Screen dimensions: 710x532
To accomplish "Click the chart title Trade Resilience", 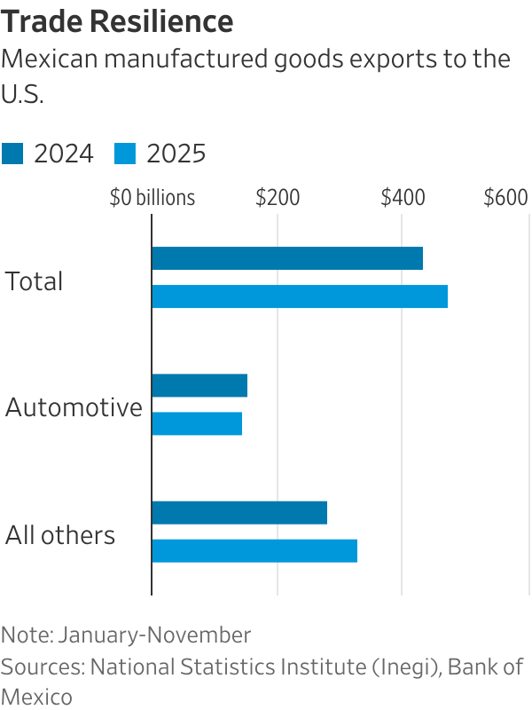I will pos(118,20).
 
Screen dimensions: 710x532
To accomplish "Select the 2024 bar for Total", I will pos(286,258).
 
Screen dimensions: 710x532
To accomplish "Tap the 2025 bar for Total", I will pos(299,296).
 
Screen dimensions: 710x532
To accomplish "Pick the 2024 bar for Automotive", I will pos(199,385).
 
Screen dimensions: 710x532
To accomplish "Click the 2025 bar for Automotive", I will pos(197,423).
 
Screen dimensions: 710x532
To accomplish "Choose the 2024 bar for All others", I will pos(239,512).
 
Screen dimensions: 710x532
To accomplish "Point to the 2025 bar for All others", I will pos(254,550).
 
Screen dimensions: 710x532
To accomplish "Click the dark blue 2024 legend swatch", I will pos(13,154).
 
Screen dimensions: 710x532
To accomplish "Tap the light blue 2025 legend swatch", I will pos(125,154).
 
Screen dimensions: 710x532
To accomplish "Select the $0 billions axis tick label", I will pos(152,198).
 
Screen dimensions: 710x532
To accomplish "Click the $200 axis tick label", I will pos(278,198).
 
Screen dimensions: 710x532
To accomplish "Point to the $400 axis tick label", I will pos(403,198).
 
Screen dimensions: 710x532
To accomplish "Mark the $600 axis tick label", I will pos(505,198).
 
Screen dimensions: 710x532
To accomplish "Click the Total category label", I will pos(35,281).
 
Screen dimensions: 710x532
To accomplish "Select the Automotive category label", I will pos(74,408).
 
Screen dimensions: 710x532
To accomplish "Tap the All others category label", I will pos(60,535).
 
